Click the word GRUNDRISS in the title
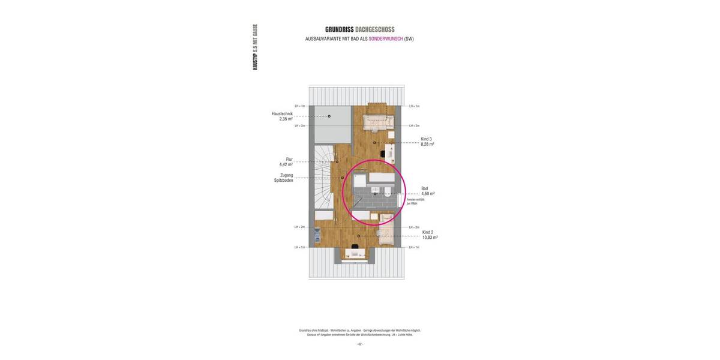tap(340, 29)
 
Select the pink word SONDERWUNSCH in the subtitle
tap(385, 39)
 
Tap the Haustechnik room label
tap(282, 114)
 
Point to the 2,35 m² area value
tap(286, 119)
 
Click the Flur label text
tap(289, 160)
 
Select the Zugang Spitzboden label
tap(283, 178)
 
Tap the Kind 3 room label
tap(426, 139)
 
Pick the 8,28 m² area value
tap(427, 144)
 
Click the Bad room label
tap(425, 188)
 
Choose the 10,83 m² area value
tap(430, 237)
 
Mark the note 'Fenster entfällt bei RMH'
tap(415, 202)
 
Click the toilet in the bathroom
tap(388, 191)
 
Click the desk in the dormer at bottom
tap(356, 254)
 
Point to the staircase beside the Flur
tap(322, 180)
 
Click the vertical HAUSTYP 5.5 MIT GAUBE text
tap(255, 47)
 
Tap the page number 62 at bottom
tap(360, 344)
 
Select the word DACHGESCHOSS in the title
tap(375, 29)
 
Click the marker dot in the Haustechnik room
tap(329, 116)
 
